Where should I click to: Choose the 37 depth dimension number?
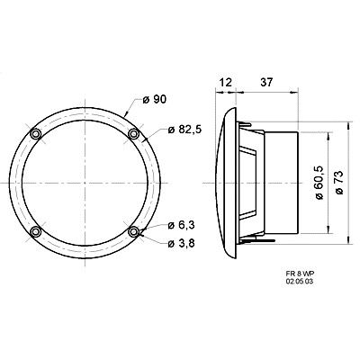pos(265,82)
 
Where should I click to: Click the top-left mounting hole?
pos(37,134)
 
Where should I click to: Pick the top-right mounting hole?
pos(134,134)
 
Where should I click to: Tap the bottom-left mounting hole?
pos(37,232)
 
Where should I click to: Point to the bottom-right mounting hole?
pos(134,232)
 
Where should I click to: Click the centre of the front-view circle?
pos(85,183)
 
